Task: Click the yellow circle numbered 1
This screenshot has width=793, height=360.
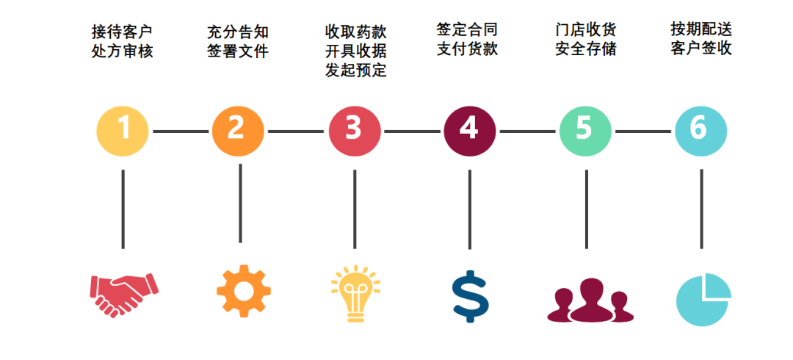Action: (123, 131)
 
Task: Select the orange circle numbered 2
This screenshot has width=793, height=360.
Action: (238, 131)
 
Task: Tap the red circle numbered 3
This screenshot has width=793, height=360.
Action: (355, 131)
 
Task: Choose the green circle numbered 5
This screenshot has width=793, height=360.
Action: (585, 131)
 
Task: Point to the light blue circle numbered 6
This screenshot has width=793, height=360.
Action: (700, 131)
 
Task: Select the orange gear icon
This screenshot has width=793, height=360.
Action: (244, 291)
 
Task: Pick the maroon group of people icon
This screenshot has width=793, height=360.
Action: (590, 300)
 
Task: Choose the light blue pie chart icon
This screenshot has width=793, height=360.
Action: (703, 299)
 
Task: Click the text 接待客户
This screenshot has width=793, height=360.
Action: (123, 32)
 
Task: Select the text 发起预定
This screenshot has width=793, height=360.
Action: (356, 71)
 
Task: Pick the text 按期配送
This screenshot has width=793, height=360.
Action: (701, 29)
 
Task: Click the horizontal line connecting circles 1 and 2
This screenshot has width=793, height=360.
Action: (181, 132)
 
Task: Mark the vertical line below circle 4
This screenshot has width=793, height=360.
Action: (469, 209)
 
